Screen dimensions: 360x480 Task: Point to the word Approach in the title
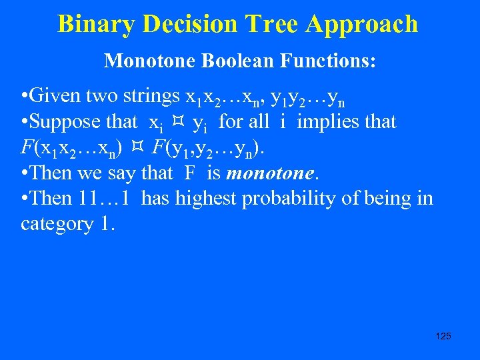tap(363, 24)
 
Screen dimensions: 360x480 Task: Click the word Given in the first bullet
tap(55, 97)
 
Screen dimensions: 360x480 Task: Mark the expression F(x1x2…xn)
tap(71, 148)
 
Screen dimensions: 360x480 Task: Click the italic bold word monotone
tap(269, 173)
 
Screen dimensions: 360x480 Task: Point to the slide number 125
tap(443, 336)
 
